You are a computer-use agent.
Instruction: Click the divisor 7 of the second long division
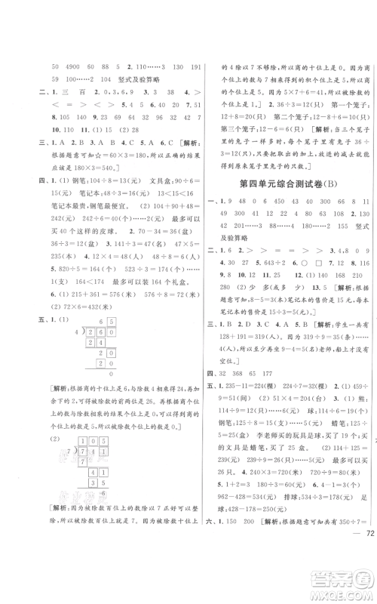click(x=73, y=461)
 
